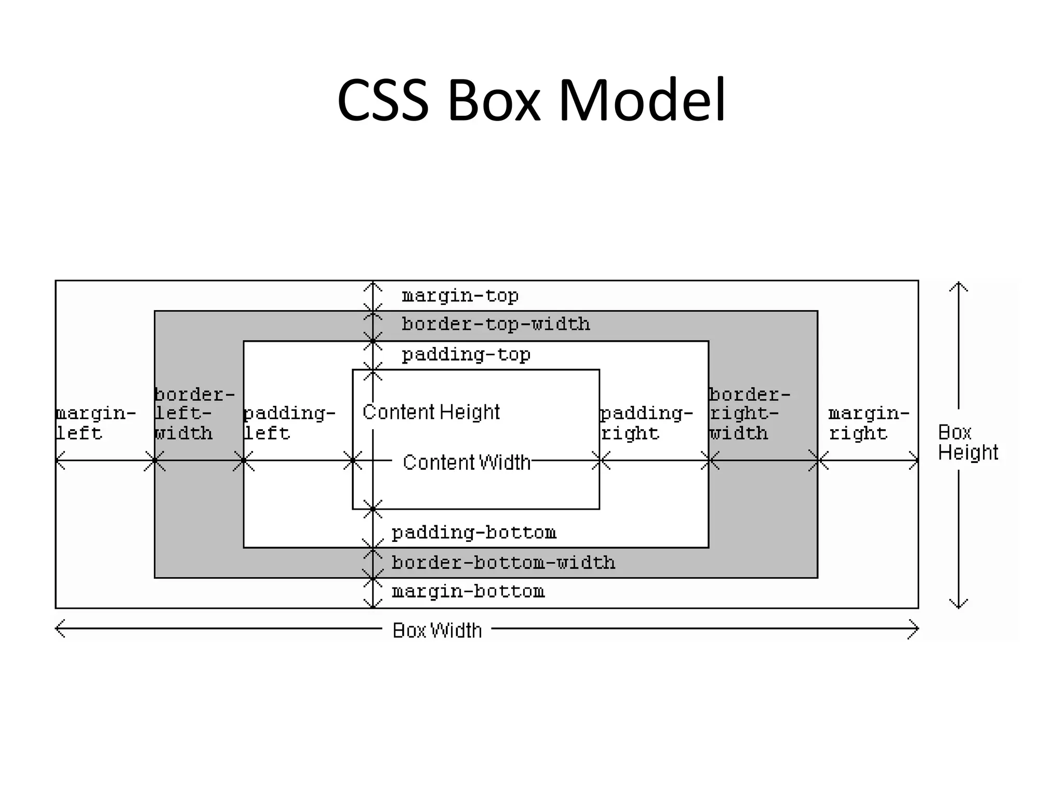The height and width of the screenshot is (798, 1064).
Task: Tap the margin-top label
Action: [x=460, y=296]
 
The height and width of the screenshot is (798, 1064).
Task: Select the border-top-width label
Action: [x=496, y=325]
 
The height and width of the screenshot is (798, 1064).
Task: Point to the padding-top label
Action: [x=466, y=355]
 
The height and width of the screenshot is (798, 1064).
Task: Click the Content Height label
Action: [x=431, y=412]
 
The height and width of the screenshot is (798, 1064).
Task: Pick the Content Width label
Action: [x=466, y=462]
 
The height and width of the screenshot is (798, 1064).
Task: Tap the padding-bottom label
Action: [x=473, y=533]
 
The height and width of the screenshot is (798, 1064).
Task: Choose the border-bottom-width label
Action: [x=503, y=563]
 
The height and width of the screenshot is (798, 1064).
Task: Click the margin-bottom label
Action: [x=468, y=592]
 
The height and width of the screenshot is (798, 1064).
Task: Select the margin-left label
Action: [x=95, y=423]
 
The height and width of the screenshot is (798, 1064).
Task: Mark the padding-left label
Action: [x=289, y=423]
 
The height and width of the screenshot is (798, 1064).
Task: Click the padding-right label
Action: [x=646, y=423]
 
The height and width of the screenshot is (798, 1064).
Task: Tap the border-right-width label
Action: [x=749, y=414]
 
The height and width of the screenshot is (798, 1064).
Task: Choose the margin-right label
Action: [x=868, y=423]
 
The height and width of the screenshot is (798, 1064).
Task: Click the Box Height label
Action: [x=967, y=443]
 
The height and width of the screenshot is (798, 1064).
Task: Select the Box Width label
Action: [x=437, y=631]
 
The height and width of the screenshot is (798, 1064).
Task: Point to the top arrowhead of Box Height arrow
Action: [x=959, y=285]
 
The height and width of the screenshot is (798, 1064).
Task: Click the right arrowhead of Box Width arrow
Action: [x=915, y=629]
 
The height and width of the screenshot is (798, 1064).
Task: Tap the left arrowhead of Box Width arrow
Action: [x=59, y=629]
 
